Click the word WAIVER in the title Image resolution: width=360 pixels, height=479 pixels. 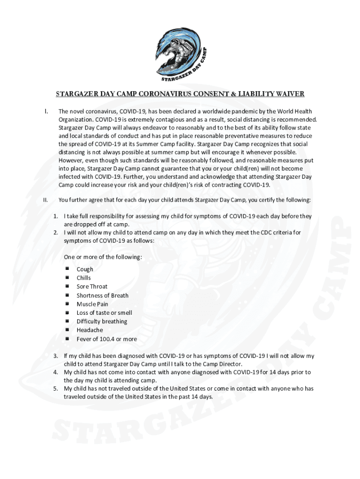[288, 94]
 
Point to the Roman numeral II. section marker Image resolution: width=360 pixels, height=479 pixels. [45, 200]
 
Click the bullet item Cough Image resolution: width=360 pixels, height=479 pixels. [85, 269]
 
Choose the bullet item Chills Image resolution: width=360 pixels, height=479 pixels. [84, 278]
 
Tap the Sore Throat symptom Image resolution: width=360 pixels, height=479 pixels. [92, 287]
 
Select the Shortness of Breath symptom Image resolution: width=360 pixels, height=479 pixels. [102, 296]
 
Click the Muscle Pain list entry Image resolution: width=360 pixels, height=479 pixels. [92, 304]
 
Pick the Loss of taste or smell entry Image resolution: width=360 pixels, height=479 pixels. [104, 313]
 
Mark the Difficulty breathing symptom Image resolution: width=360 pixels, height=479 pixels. [101, 321]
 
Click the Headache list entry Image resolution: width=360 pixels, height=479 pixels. [90, 330]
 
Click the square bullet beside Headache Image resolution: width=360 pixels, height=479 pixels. [67, 330]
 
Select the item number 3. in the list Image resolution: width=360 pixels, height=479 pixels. [55, 356]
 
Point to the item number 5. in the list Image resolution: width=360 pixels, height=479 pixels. [55, 389]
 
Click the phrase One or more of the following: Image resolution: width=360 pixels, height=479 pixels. [103, 258]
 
